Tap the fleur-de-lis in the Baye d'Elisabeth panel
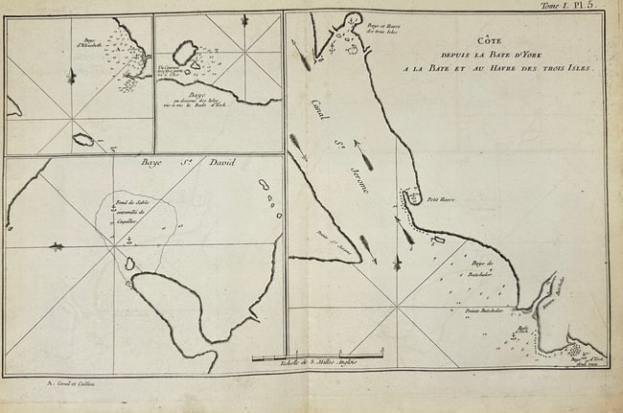(x=67, y=76)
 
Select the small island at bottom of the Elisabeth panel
(x=83, y=140)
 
